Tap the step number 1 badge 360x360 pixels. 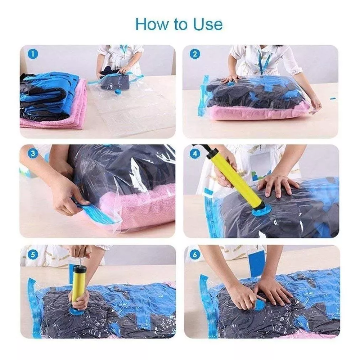(33, 54)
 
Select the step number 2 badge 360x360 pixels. (195, 54)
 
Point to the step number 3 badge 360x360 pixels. (33, 154)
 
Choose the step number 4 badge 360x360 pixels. (195, 154)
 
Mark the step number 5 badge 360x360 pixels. (33, 255)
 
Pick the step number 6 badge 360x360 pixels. (195, 255)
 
